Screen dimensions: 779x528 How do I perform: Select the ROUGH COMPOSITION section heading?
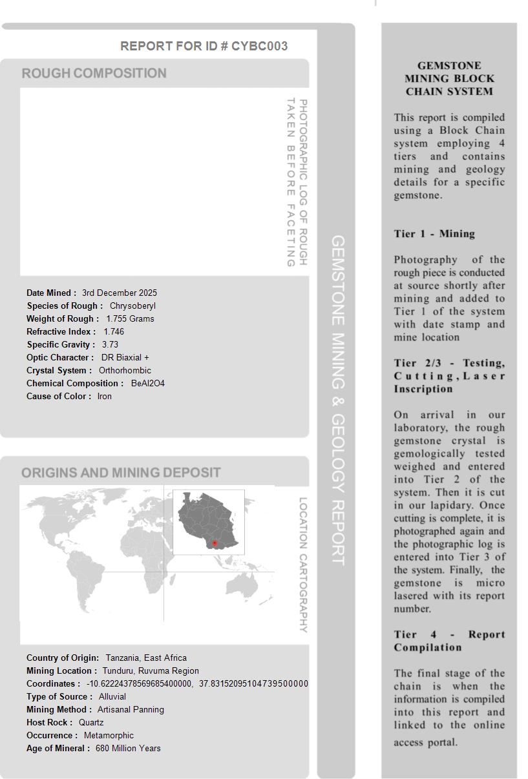(94, 73)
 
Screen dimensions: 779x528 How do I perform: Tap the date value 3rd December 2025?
(120, 293)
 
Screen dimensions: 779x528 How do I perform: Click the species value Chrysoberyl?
(132, 306)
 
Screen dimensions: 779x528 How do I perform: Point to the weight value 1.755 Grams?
(130, 318)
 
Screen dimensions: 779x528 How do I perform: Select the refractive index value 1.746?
(114, 331)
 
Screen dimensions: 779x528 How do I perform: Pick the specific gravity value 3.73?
(110, 344)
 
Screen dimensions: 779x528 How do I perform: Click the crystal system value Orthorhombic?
(125, 370)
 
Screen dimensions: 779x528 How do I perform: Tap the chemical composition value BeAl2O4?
(148, 383)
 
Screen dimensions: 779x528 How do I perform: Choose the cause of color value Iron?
(105, 396)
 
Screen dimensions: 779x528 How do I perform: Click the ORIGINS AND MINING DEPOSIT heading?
(121, 473)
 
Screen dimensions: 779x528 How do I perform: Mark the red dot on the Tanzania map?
(215, 543)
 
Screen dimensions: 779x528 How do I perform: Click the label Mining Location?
(61, 670)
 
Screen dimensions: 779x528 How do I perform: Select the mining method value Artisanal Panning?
(131, 709)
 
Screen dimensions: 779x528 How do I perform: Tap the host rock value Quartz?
(91, 722)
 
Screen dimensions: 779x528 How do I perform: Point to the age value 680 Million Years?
(128, 748)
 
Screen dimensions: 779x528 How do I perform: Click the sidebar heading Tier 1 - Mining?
(434, 234)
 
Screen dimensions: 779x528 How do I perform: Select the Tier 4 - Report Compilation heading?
(449, 641)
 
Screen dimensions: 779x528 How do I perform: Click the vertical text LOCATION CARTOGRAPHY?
(303, 565)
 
